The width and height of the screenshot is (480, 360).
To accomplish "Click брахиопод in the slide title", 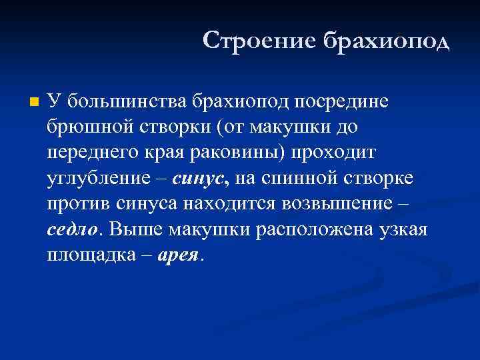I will [387, 41].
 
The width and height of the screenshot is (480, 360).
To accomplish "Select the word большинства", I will [127, 101].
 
